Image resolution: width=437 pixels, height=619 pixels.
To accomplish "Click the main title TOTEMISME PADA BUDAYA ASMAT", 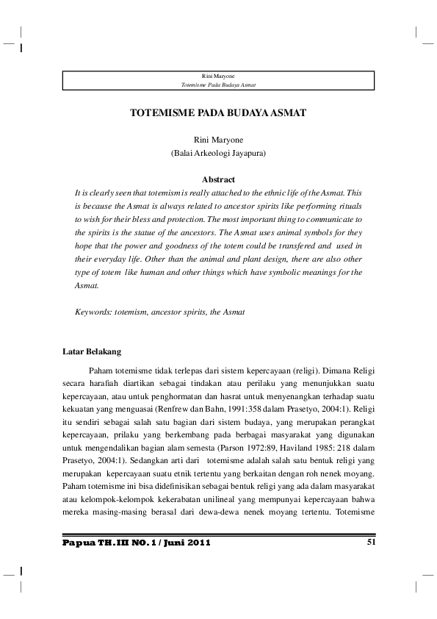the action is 218,115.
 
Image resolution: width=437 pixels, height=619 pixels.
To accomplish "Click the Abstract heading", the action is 218,179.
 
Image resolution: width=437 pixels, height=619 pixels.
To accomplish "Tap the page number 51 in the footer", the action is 370,543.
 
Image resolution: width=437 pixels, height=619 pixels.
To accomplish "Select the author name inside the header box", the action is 218,76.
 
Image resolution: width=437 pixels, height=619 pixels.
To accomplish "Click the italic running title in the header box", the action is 218,85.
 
